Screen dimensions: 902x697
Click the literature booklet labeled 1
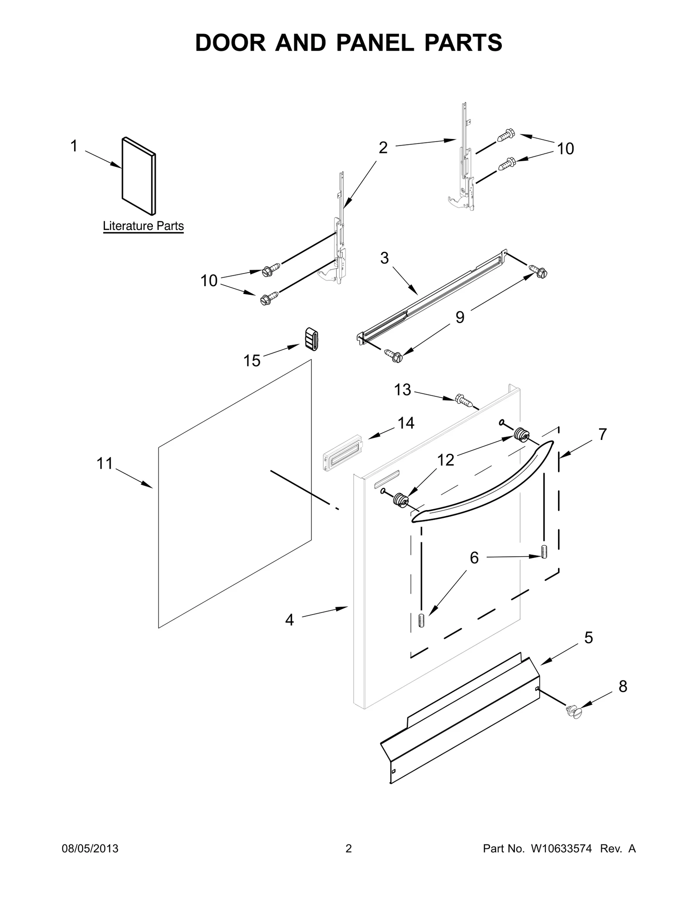139,176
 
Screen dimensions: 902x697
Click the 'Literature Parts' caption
143,226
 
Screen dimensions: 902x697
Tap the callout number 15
252,361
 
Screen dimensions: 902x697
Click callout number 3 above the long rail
384,258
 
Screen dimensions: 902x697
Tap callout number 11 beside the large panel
105,463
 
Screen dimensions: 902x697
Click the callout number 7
602,434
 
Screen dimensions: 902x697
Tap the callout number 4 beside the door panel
290,619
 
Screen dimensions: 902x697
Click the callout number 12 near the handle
446,460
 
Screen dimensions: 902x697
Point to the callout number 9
460,317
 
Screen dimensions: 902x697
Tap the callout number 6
474,557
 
